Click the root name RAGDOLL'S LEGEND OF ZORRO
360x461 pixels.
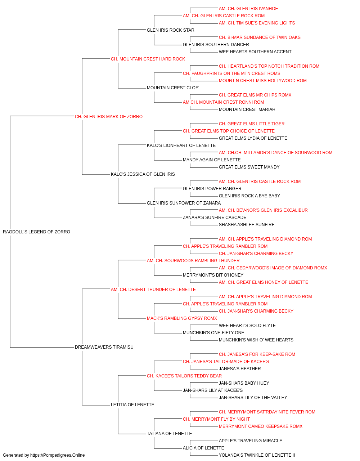coord(36,232)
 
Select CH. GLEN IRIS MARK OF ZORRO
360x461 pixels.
coord(109,117)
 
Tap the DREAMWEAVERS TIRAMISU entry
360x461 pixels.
coord(104,347)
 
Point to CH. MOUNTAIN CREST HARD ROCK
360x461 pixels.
coord(148,59)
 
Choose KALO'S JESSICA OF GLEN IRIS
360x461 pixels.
coord(143,174)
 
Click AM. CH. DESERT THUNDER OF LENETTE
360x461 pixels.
coord(153,289)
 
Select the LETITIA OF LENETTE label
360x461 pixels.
coord(132,405)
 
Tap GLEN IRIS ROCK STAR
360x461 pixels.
coord(170,30)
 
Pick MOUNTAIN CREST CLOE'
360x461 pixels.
coord(173,88)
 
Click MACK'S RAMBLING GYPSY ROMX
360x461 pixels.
coord(182,318)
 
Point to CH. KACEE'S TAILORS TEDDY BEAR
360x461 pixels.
coord(184,376)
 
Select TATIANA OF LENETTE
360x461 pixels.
coord(170,434)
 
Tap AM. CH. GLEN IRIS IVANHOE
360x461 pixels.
coord(248,9)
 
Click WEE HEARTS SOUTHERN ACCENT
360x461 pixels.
coord(255,52)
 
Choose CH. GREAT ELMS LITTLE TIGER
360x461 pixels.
coord(252,124)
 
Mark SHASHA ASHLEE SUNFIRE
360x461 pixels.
coord(247,225)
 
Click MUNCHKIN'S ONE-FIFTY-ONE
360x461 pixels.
coord(213,333)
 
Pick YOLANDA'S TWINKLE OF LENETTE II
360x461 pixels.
coord(257,455)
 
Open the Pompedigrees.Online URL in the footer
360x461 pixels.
coord(58,455)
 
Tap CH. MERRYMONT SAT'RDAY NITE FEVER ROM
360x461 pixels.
coord(267,412)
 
